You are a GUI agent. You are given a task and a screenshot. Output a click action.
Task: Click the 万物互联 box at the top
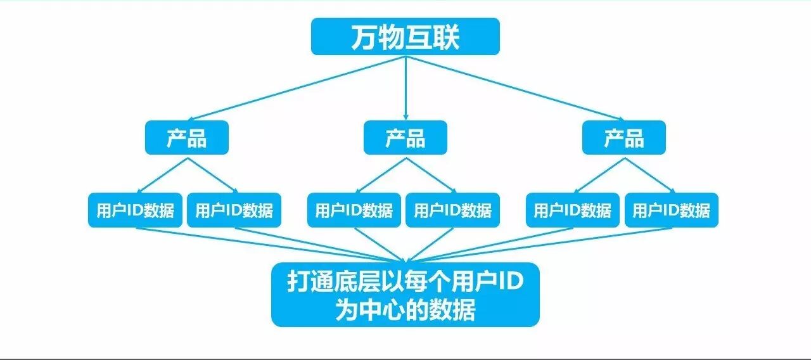[405, 37]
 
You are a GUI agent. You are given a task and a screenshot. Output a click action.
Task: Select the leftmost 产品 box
[186, 138]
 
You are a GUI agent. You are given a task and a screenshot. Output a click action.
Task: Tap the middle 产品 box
[405, 138]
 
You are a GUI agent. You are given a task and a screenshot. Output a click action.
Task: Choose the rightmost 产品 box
[623, 138]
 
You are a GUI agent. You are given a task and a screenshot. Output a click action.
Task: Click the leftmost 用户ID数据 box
[135, 210]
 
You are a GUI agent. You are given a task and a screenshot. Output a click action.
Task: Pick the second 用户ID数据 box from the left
[234, 210]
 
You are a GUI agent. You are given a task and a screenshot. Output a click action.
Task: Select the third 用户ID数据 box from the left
[354, 210]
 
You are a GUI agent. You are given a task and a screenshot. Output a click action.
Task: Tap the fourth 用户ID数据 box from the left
[452, 210]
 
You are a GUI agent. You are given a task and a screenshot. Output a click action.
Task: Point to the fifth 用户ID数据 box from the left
[572, 210]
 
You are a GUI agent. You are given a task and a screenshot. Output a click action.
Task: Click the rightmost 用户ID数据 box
[671, 210]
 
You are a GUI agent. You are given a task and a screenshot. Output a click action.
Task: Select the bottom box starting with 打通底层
[405, 295]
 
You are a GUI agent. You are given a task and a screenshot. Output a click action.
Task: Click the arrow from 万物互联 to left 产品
[298, 87]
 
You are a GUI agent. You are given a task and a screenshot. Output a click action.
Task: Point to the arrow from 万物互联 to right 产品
[513, 87]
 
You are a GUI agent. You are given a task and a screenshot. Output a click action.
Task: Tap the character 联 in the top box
[447, 37]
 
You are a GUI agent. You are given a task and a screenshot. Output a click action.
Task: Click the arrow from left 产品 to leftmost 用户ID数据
[163, 175]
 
